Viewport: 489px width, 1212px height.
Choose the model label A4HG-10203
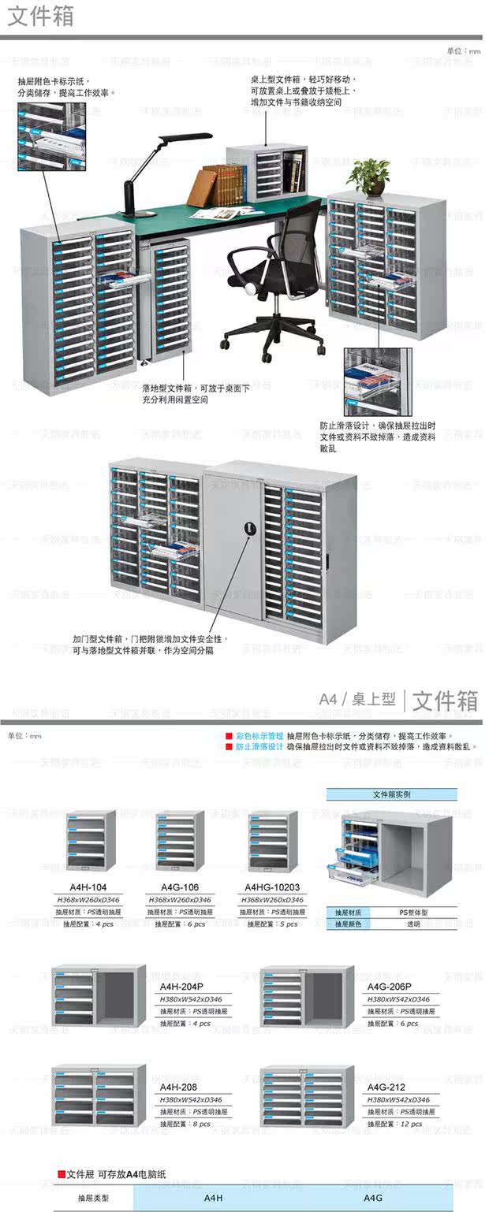click(x=272, y=887)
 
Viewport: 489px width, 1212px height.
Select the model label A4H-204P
click(x=181, y=987)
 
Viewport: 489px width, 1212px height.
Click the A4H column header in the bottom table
click(x=214, y=1198)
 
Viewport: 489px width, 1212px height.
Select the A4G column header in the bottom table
click(x=373, y=1198)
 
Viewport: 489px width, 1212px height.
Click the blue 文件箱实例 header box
click(x=391, y=795)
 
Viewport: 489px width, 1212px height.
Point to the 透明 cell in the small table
click(x=413, y=924)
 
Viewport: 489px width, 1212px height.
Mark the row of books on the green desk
click(x=222, y=184)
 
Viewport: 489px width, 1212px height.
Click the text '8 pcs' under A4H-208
click(x=200, y=1124)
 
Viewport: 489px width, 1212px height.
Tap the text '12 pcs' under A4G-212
click(x=410, y=1124)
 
